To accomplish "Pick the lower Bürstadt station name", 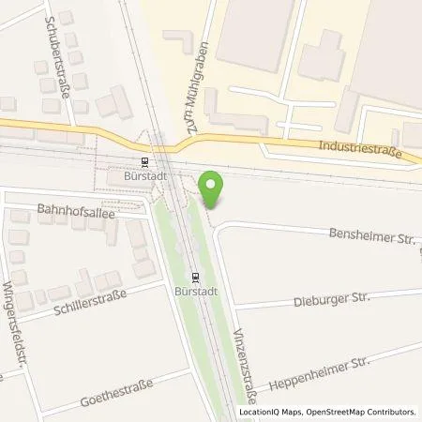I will pos(194,292).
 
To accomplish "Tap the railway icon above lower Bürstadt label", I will pos(195,277).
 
